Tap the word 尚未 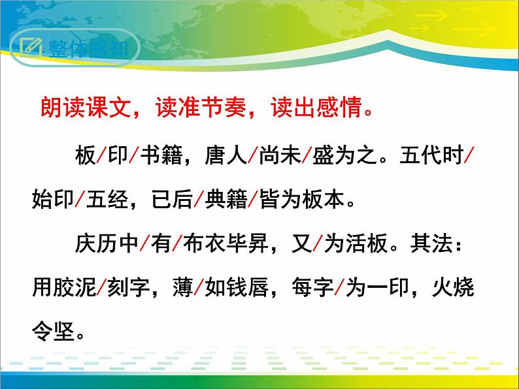pos(279,157)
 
